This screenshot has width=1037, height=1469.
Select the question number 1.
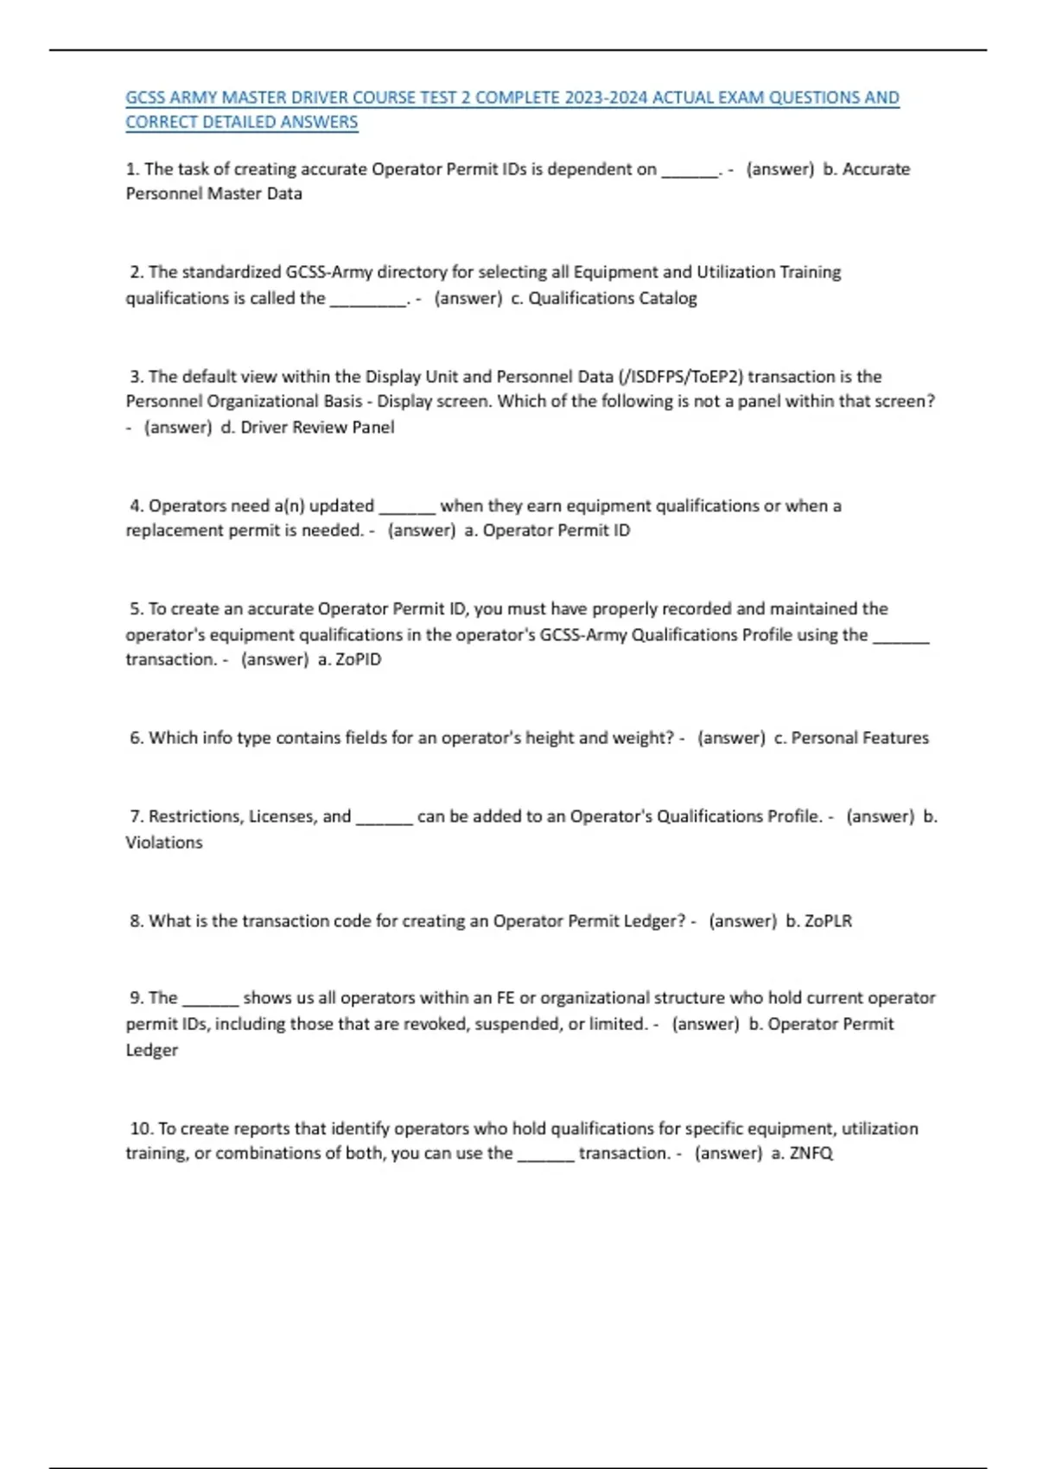point(131,169)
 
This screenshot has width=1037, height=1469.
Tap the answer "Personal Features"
point(859,738)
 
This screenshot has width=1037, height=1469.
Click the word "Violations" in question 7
point(164,843)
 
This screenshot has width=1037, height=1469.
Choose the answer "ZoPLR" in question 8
point(828,921)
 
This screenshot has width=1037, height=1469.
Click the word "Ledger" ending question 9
point(152,1051)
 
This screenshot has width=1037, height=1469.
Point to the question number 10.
point(141,1129)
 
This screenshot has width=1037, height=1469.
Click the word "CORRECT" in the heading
point(162,123)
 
